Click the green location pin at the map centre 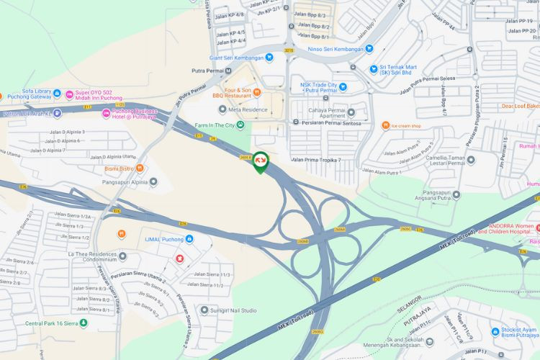tap(261, 161)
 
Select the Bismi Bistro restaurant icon tap(140, 168)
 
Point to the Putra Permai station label tap(204, 71)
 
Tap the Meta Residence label tap(248, 110)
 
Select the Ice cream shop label tap(406, 126)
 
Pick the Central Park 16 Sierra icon tap(84, 323)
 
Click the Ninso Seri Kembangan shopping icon tap(369, 49)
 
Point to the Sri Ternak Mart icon tap(373, 69)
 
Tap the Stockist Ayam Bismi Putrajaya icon tap(495, 332)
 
